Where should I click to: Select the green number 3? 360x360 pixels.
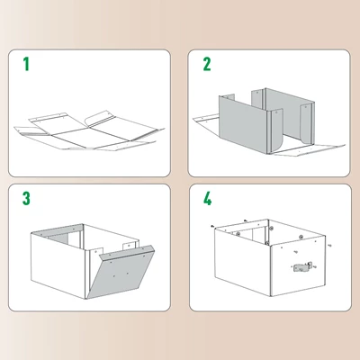tap(26, 199)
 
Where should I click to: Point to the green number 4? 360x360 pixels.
tap(207, 199)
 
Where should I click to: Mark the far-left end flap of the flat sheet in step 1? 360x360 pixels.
tap(23, 131)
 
